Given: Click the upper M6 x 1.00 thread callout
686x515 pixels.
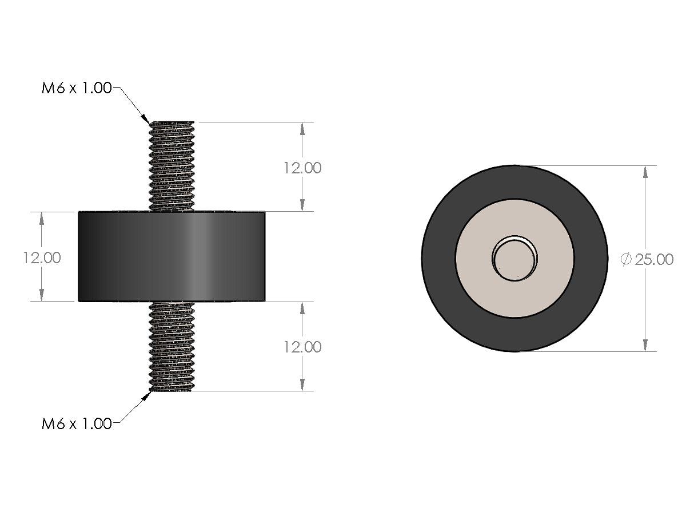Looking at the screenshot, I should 77,89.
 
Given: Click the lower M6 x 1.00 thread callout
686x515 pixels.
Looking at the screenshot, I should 77,424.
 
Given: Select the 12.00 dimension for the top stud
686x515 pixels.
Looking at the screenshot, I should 302,168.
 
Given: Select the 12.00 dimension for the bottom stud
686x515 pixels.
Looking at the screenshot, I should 302,347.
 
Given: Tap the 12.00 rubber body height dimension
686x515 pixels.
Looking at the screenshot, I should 42,257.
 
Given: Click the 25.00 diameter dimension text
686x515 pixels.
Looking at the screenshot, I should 654,259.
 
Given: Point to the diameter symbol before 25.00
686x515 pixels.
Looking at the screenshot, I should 626,259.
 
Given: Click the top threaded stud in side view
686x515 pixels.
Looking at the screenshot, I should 172,166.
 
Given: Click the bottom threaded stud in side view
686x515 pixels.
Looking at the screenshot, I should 172,346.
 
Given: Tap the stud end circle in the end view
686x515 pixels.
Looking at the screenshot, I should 514,258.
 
